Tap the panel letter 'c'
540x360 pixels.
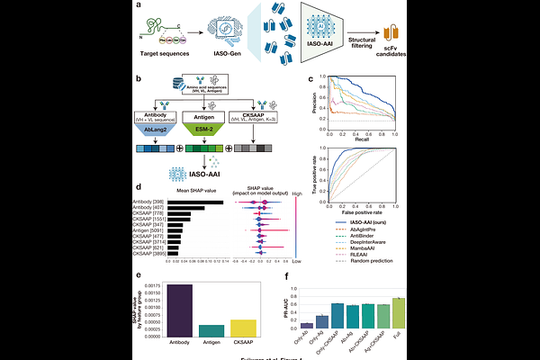coord(311,79)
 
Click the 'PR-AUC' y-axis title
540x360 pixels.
coord(285,310)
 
